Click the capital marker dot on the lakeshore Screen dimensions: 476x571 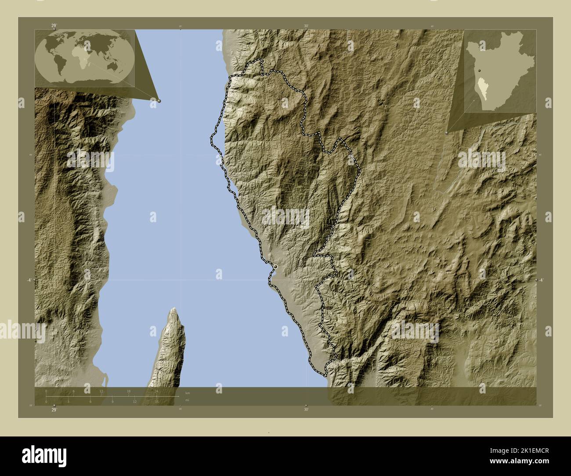275,267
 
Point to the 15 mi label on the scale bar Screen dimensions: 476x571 156,401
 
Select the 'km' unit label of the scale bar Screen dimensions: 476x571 188,393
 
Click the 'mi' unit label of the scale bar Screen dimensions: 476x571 187,400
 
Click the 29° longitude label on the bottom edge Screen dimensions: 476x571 54,410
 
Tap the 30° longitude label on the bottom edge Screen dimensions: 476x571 306,410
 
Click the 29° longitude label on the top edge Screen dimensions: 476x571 54,26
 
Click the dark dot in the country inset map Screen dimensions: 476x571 480,70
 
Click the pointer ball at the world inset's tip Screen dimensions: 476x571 159,101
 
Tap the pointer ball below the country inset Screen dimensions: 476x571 447,132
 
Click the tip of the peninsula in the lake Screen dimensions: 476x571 174,310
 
